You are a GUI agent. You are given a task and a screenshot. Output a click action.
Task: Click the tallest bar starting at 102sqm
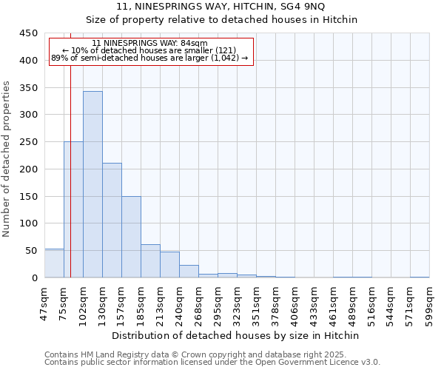92,184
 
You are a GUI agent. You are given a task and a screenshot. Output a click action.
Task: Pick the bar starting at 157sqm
131,237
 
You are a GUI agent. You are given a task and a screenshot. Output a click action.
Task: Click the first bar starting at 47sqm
54,263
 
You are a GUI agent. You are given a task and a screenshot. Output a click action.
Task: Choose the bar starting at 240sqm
189,271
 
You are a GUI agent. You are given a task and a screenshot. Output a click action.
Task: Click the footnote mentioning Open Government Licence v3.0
212,362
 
